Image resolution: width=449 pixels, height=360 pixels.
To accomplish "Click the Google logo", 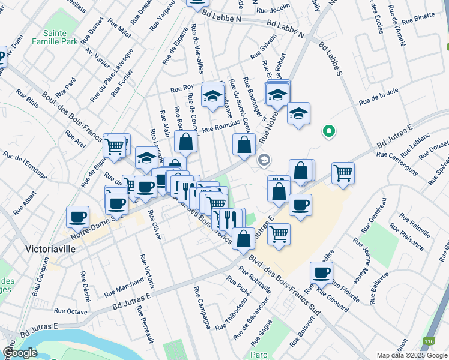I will point(20,353).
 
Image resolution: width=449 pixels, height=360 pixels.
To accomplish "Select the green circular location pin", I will point(328,130).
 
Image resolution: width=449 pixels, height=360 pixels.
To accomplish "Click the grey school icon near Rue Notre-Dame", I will point(263,160).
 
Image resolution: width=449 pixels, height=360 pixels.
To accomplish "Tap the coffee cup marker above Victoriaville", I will point(77,217).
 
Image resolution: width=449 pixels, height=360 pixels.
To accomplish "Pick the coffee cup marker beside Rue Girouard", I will point(321,273).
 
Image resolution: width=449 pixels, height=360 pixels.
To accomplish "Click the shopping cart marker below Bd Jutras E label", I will point(343,173).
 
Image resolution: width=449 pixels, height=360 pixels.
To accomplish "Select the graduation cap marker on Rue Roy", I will point(212,96).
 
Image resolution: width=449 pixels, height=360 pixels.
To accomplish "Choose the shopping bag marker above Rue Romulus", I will point(186,142).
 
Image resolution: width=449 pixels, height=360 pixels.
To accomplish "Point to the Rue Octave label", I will point(71,311).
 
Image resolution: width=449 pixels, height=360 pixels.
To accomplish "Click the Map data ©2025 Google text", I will point(412,355).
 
